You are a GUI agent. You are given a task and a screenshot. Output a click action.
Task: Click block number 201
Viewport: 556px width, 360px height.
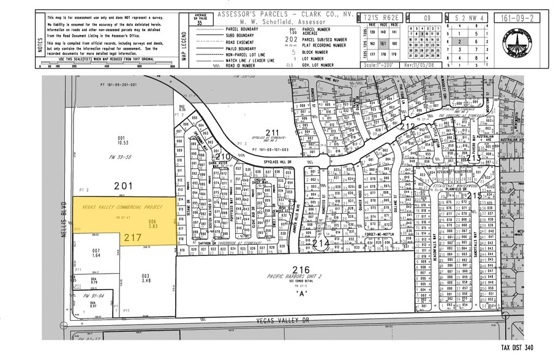pyautogui.click(x=123, y=186)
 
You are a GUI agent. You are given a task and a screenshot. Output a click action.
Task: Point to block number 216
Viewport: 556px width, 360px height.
pyautogui.click(x=301, y=269)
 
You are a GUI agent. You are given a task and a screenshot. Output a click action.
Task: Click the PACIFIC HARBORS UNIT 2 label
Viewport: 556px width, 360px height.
pyautogui.click(x=301, y=279)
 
